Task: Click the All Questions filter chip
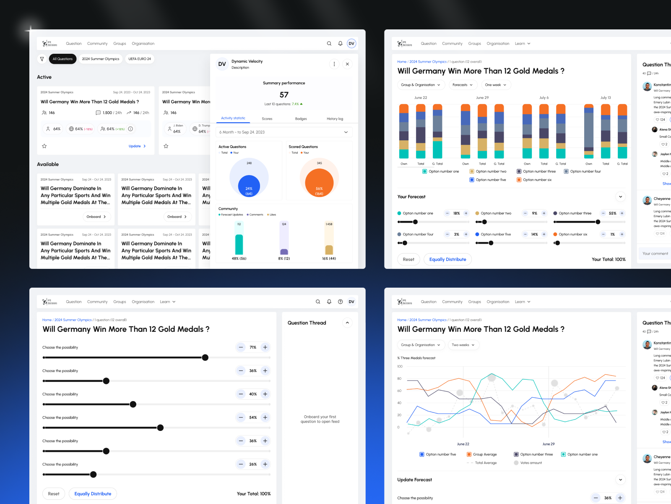pos(62,59)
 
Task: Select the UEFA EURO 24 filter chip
pos(140,59)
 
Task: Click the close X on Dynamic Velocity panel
pos(347,64)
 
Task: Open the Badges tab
pos(301,119)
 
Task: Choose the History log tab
pos(335,119)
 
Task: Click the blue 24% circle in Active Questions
pos(249,186)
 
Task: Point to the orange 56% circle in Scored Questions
pos(319,183)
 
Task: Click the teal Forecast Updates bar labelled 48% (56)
pos(239,244)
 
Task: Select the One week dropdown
pos(495,85)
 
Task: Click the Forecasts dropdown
pos(462,85)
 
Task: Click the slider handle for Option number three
pos(598,222)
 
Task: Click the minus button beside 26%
pos(241,464)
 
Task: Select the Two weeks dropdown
pos(463,345)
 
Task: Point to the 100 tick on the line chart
pos(400,367)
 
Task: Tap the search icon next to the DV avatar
pos(329,44)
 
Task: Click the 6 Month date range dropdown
pos(283,132)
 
